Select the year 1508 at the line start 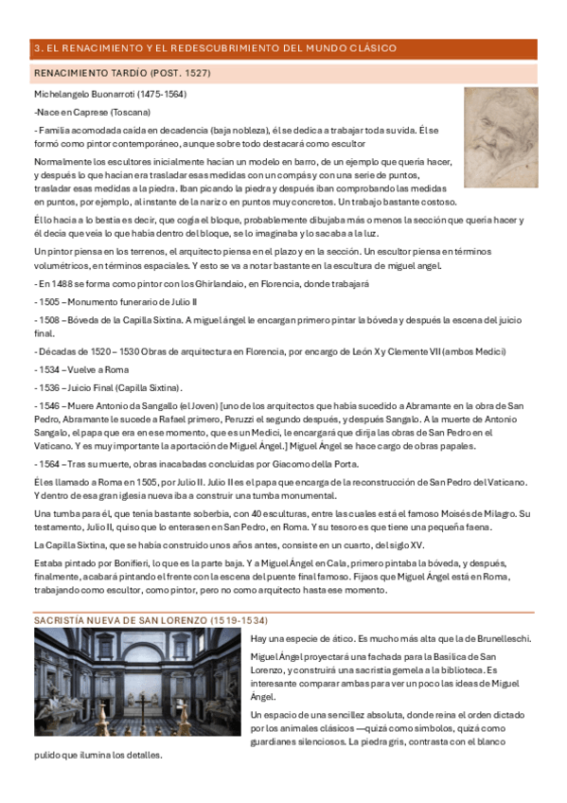click(52, 319)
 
